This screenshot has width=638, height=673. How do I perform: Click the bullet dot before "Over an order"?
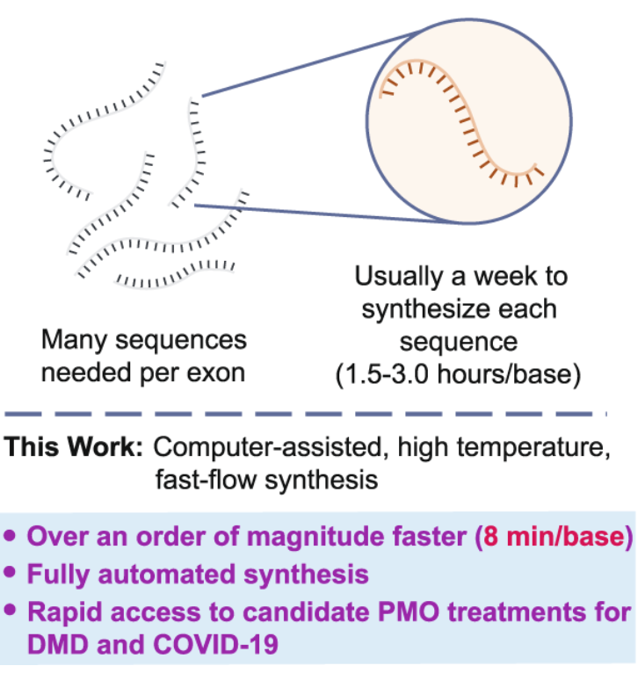[11, 536]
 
